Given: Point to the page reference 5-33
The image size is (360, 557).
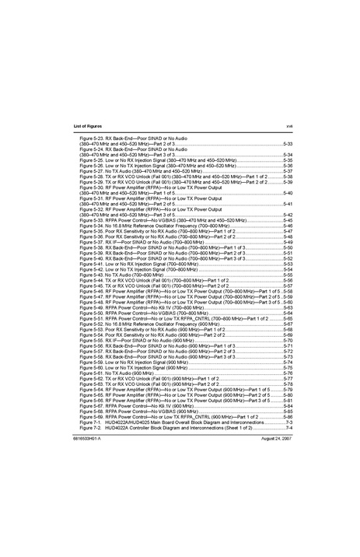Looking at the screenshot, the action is [287, 145].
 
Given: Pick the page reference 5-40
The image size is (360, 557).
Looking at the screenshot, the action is [287, 193].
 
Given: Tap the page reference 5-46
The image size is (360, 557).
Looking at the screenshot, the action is [287, 226].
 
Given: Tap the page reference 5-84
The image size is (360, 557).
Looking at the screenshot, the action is [287, 405].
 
